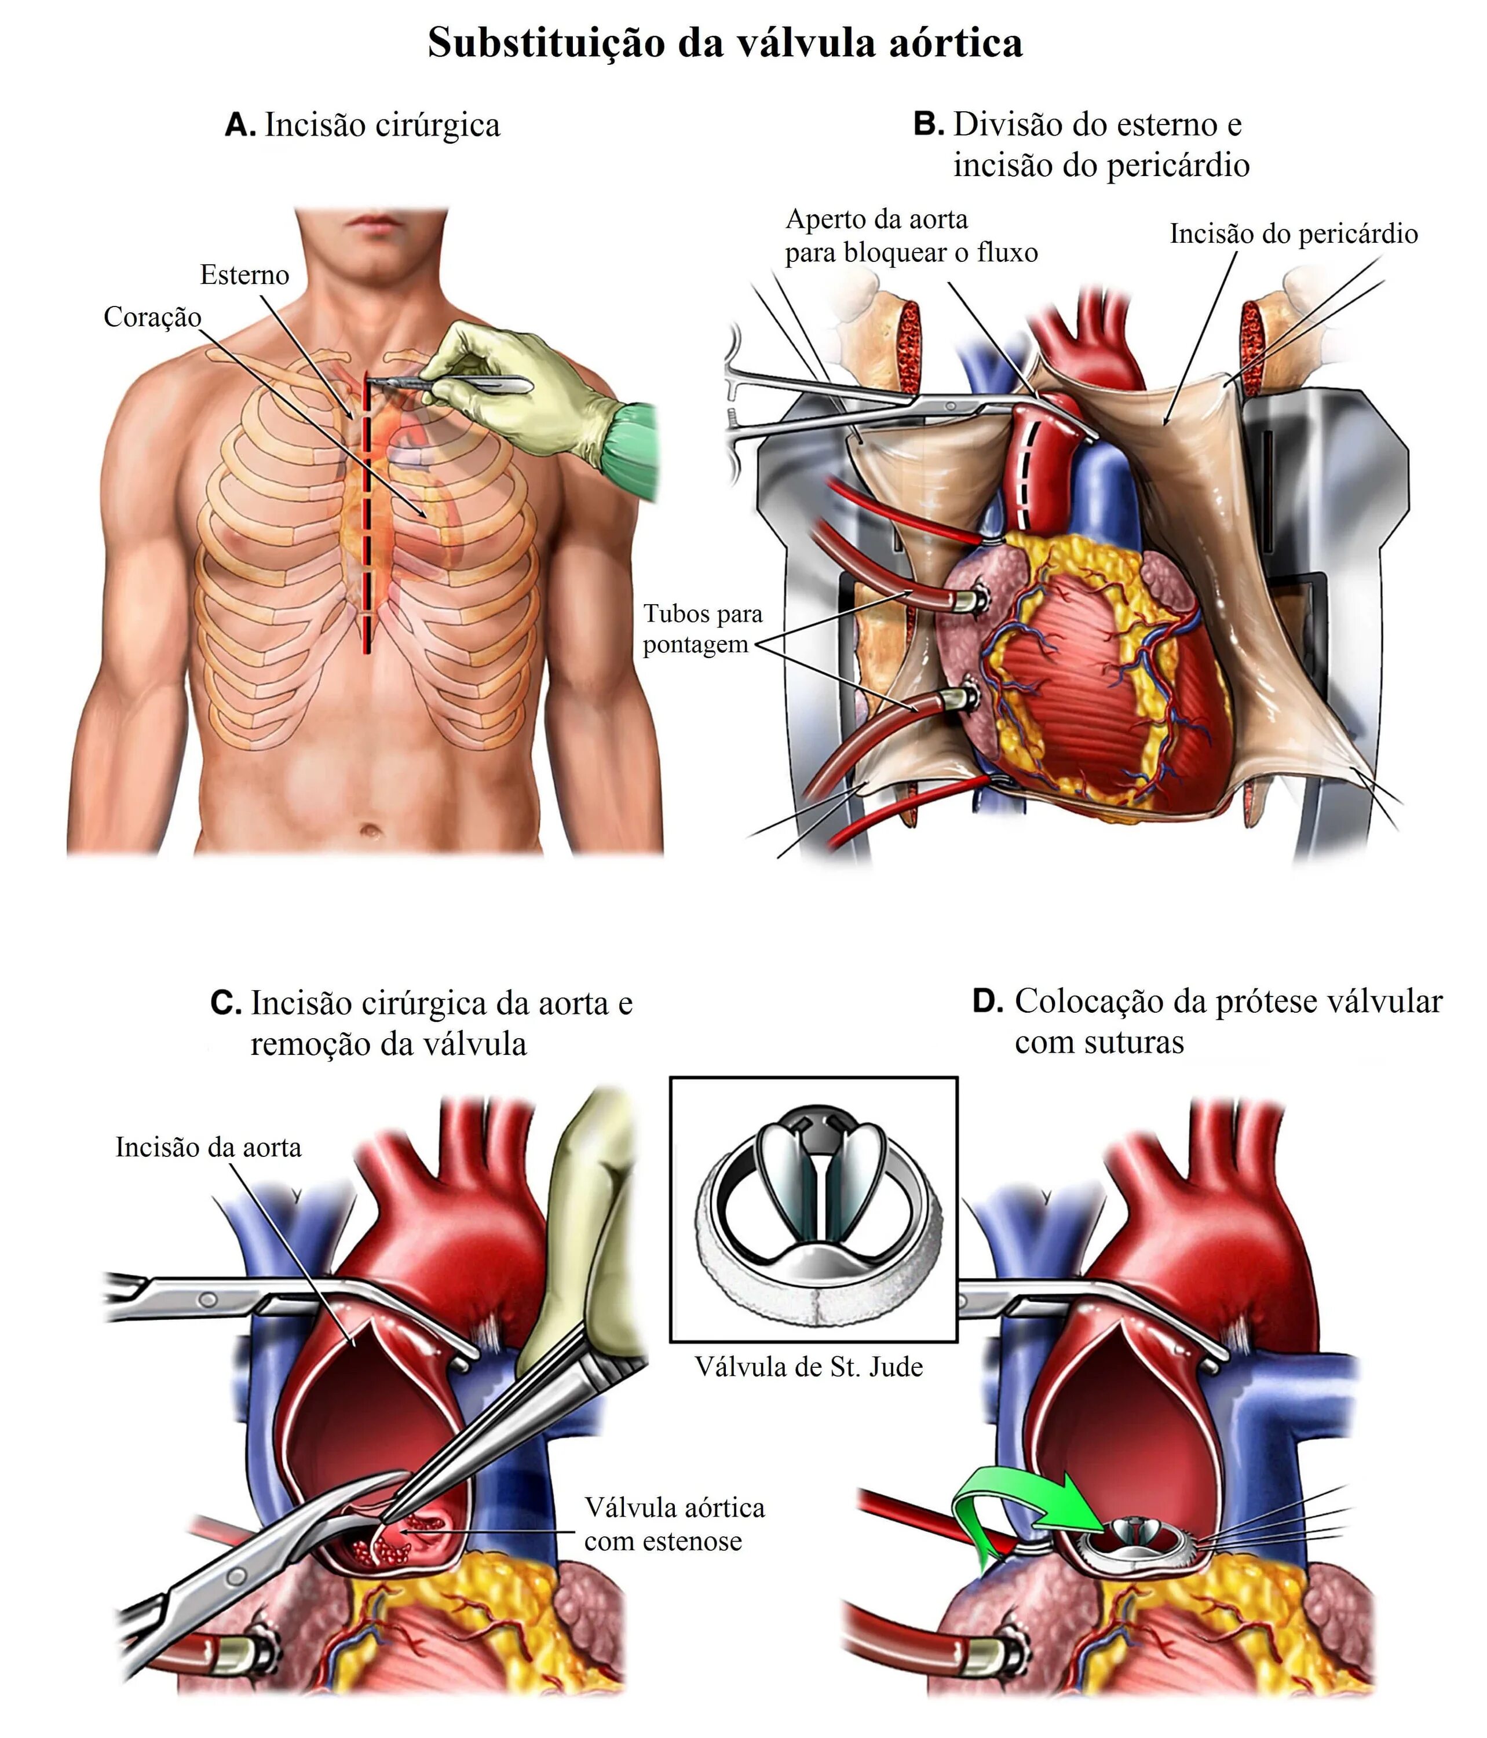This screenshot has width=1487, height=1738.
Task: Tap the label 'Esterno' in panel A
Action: (244, 275)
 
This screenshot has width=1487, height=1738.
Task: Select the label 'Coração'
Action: (152, 317)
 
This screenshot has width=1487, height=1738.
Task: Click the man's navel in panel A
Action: (370, 831)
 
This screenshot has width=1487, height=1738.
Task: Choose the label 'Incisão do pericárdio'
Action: (1294, 234)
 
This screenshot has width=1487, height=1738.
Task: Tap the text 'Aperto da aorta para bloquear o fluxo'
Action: (910, 236)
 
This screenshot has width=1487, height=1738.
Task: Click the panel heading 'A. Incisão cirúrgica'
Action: (362, 126)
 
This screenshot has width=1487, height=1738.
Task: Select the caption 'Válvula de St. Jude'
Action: (809, 1367)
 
